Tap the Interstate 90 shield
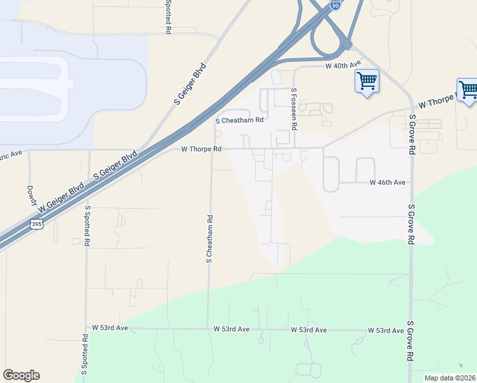click(336, 4)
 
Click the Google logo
click(21, 375)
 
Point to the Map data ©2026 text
click(450, 378)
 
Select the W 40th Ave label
click(343, 64)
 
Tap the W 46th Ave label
click(388, 183)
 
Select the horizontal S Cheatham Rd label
click(239, 120)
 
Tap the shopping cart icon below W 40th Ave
click(367, 82)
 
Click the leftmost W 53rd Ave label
click(110, 327)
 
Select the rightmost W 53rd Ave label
click(386, 330)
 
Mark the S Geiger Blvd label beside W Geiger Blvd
click(115, 165)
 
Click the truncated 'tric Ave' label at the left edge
click(11, 154)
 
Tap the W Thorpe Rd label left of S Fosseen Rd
click(201, 149)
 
